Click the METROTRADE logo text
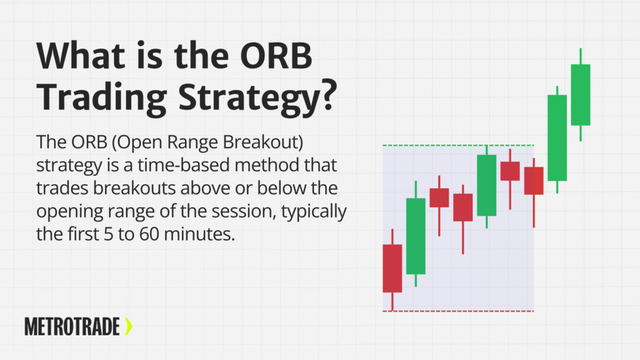72,326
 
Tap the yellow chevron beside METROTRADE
128,326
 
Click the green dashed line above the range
458,145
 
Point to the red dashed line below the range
458,311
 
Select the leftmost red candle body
392,268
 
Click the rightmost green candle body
581,95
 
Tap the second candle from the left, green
416,236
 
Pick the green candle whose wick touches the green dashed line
487,185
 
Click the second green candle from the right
557,137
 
